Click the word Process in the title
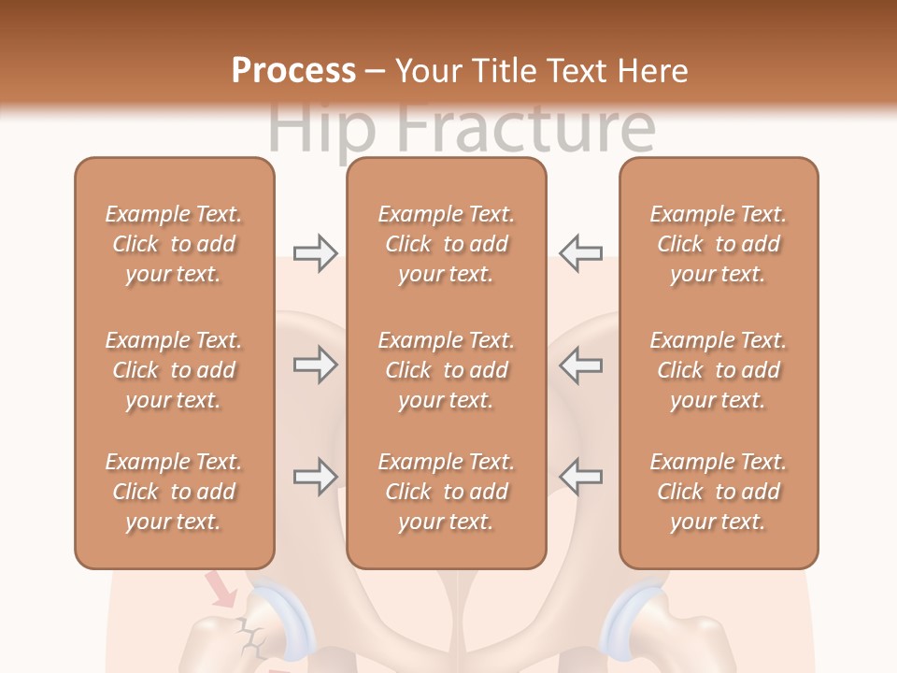pos(293,71)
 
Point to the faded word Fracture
pos(523,128)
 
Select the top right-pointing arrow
pos(315,253)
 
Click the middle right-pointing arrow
pos(315,365)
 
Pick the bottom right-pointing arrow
pos(315,477)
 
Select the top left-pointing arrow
pos(581,253)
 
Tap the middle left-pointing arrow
pos(581,365)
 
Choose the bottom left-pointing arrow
pos(581,477)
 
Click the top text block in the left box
pos(174,244)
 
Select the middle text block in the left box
pos(174,370)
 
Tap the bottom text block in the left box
pos(174,492)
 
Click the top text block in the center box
pos(447,244)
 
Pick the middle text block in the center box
pos(447,370)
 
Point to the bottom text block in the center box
pos(447,492)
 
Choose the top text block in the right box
pos(719,244)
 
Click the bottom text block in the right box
pos(719,492)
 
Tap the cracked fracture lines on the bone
pos(250,637)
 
